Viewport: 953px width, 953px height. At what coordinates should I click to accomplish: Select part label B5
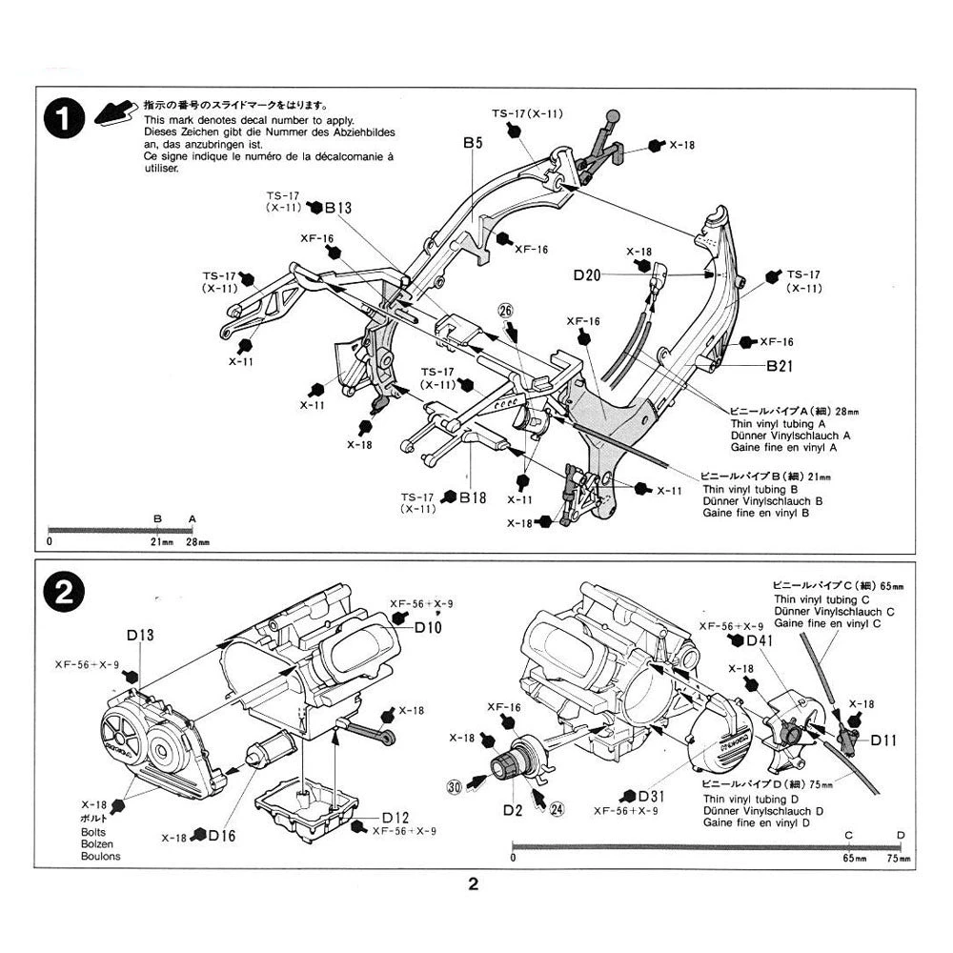coord(474,143)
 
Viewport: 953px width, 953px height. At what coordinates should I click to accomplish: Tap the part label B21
coord(779,364)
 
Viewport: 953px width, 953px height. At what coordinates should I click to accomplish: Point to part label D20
coord(587,275)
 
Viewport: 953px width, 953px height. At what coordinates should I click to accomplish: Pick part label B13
coord(338,208)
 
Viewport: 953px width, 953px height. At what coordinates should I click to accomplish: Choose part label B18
coord(473,497)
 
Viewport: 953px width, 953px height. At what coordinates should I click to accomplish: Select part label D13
coord(139,636)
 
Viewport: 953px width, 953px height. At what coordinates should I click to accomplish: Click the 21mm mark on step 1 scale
coord(160,541)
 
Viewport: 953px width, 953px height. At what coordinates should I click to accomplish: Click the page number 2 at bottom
coord(474,884)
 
